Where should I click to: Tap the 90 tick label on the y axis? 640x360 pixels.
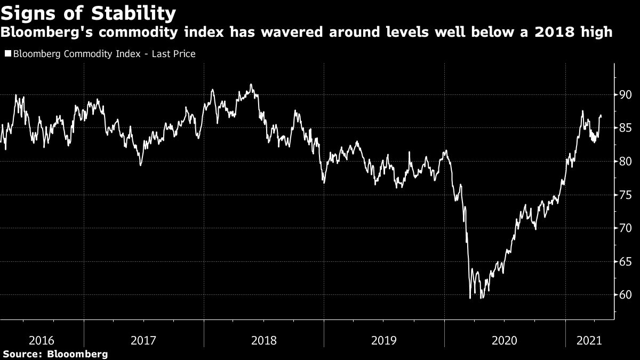[x=625, y=95]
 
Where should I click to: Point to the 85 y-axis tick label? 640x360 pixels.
[x=625, y=128]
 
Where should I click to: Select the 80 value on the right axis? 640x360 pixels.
[x=625, y=162]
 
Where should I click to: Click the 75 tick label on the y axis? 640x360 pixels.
[x=625, y=195]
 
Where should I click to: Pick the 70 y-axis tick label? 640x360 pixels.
[x=625, y=228]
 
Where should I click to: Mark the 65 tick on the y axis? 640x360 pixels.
[x=625, y=262]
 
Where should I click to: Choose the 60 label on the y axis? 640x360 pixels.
[x=625, y=295]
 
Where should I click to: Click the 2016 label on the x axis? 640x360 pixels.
[x=42, y=340]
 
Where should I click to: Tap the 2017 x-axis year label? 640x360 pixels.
[x=143, y=340]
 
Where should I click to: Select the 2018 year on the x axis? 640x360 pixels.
[x=264, y=340]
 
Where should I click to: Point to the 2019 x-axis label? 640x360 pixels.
[x=384, y=340]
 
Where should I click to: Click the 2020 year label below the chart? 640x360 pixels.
[x=505, y=340]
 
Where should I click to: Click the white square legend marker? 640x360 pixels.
[x=7, y=54]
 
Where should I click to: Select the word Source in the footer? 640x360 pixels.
[x=22, y=354]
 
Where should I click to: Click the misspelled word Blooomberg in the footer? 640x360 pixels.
[x=78, y=354]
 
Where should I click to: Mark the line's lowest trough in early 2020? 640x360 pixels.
[x=470, y=298]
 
